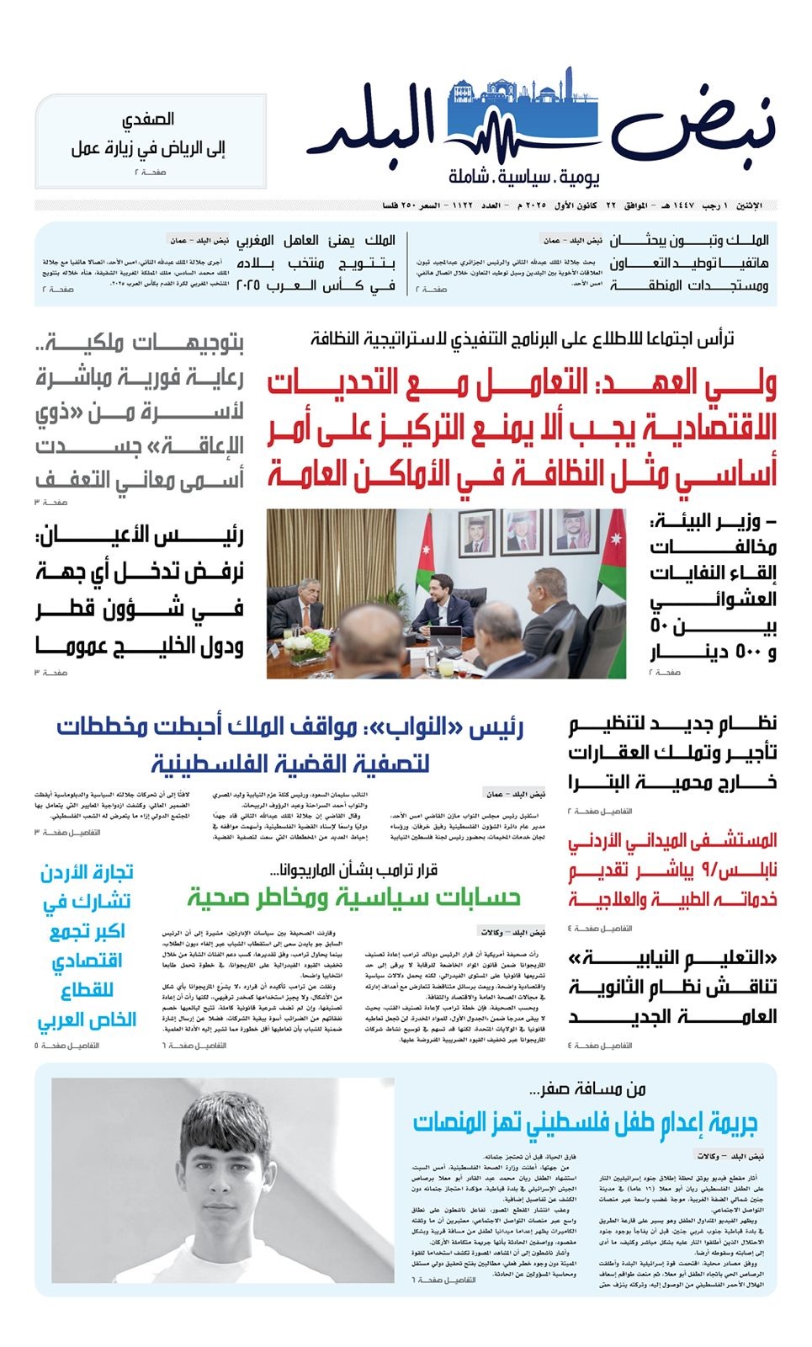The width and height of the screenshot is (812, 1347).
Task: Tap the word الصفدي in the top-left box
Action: click(x=148, y=120)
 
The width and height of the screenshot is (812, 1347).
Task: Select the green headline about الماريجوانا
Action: click(x=353, y=898)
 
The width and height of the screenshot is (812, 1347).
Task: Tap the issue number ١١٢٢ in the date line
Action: click(x=464, y=205)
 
